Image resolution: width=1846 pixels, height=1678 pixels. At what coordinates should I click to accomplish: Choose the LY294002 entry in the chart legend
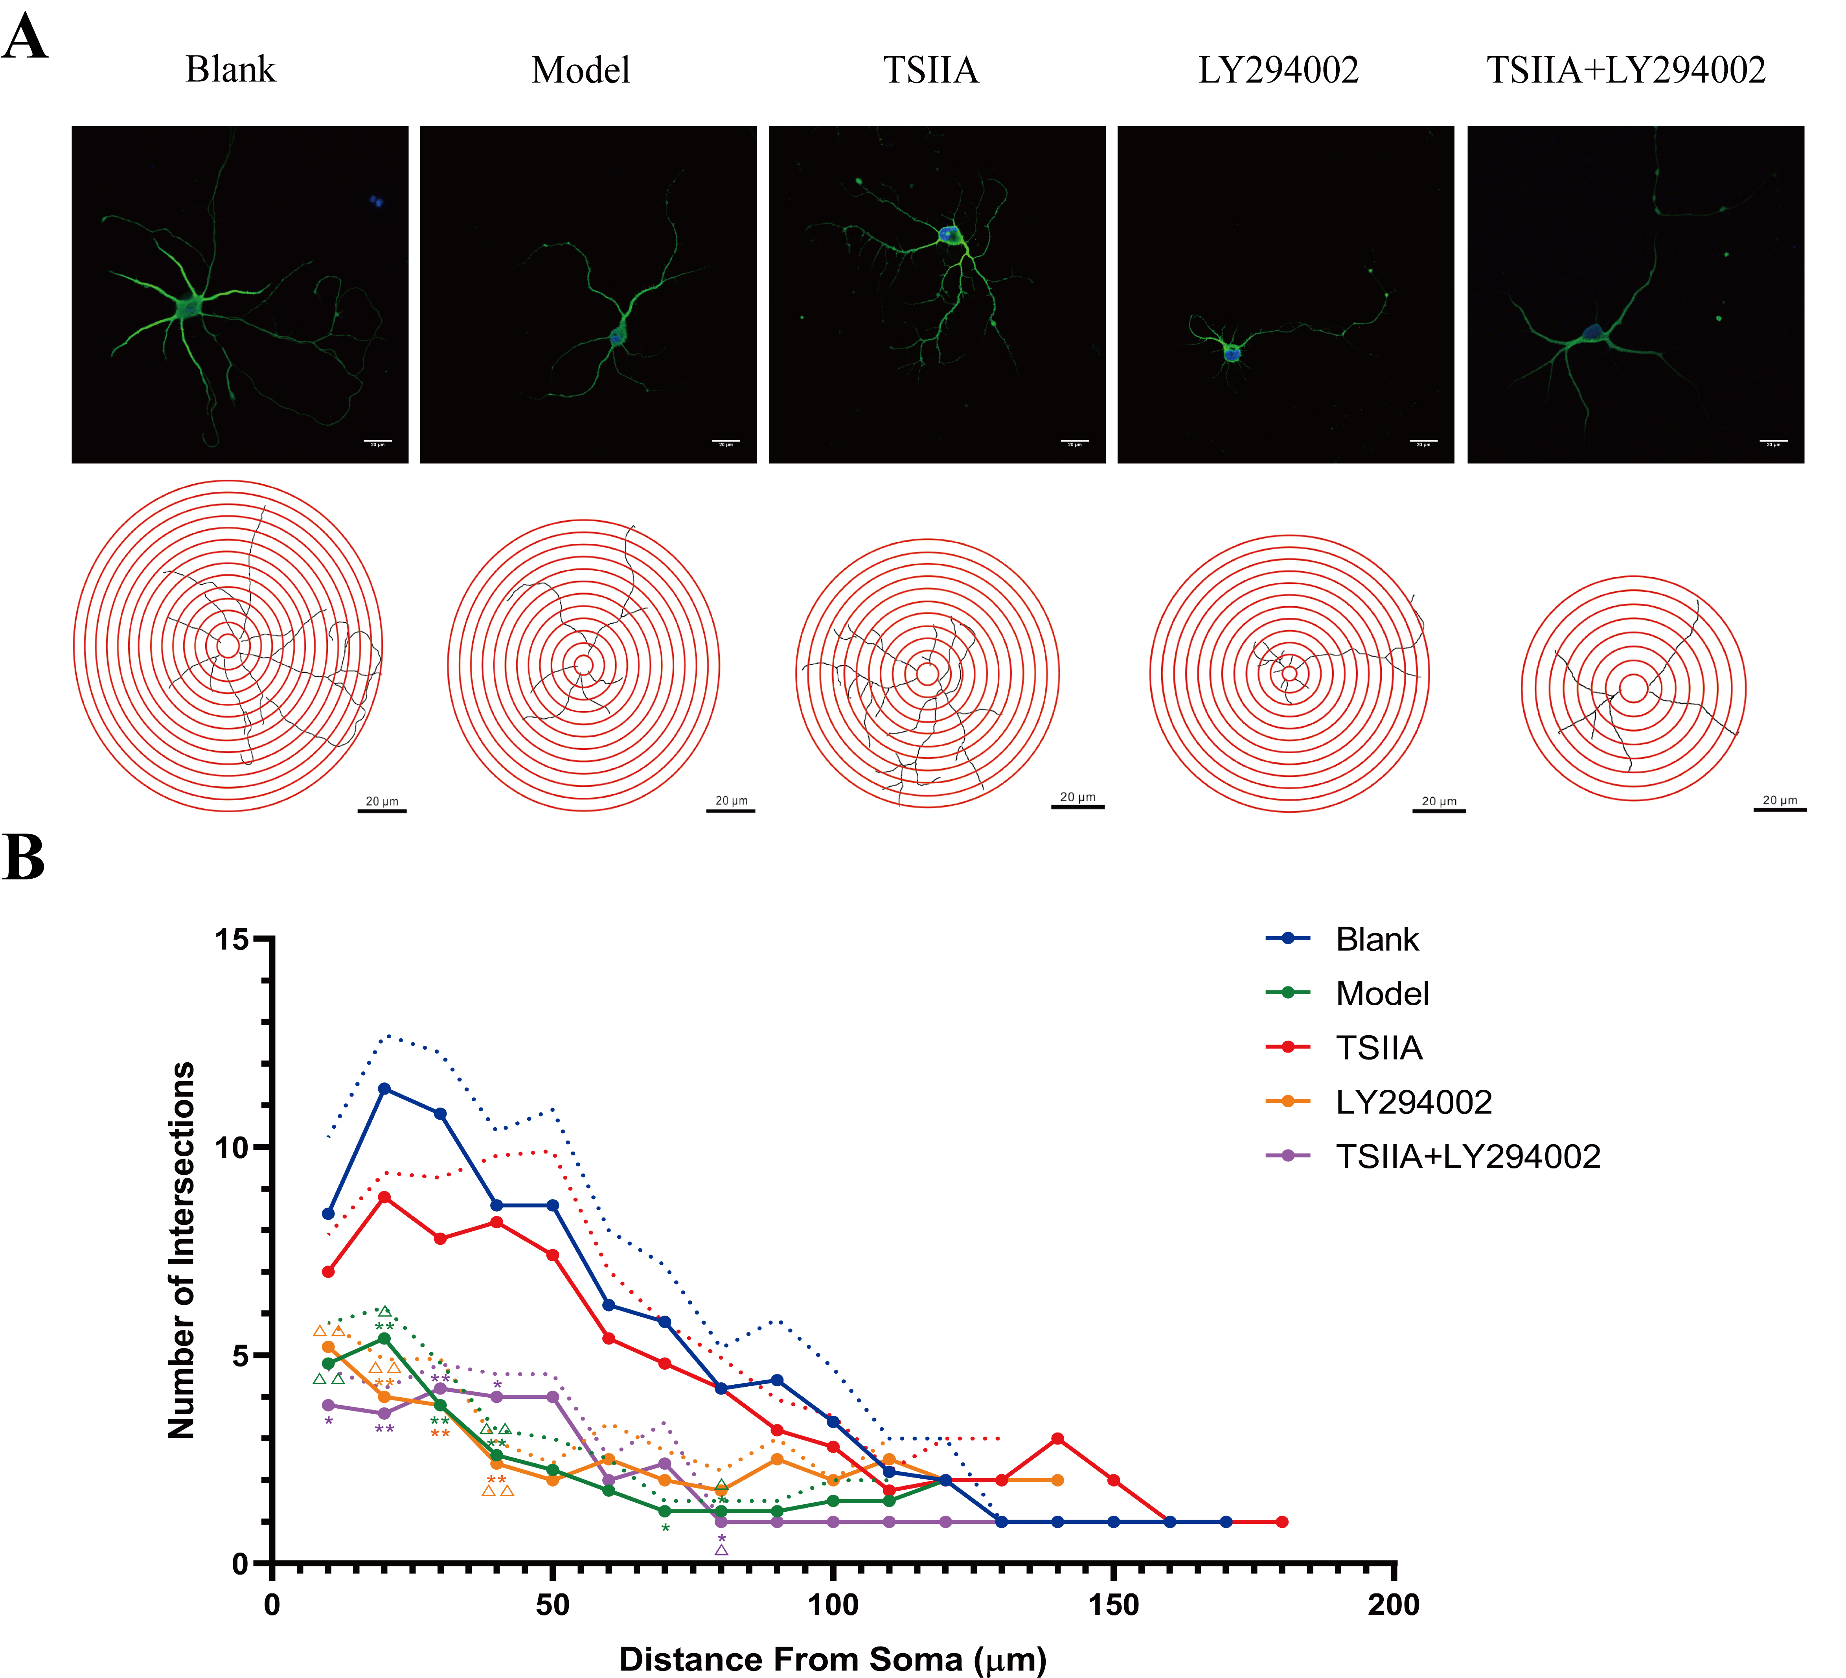click(1413, 1102)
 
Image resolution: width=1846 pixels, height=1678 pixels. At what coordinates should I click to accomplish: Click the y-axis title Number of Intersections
click(181, 1250)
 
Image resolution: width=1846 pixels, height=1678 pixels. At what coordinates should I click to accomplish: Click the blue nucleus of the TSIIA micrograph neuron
click(949, 234)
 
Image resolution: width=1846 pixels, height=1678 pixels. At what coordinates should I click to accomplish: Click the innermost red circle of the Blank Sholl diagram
click(228, 646)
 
